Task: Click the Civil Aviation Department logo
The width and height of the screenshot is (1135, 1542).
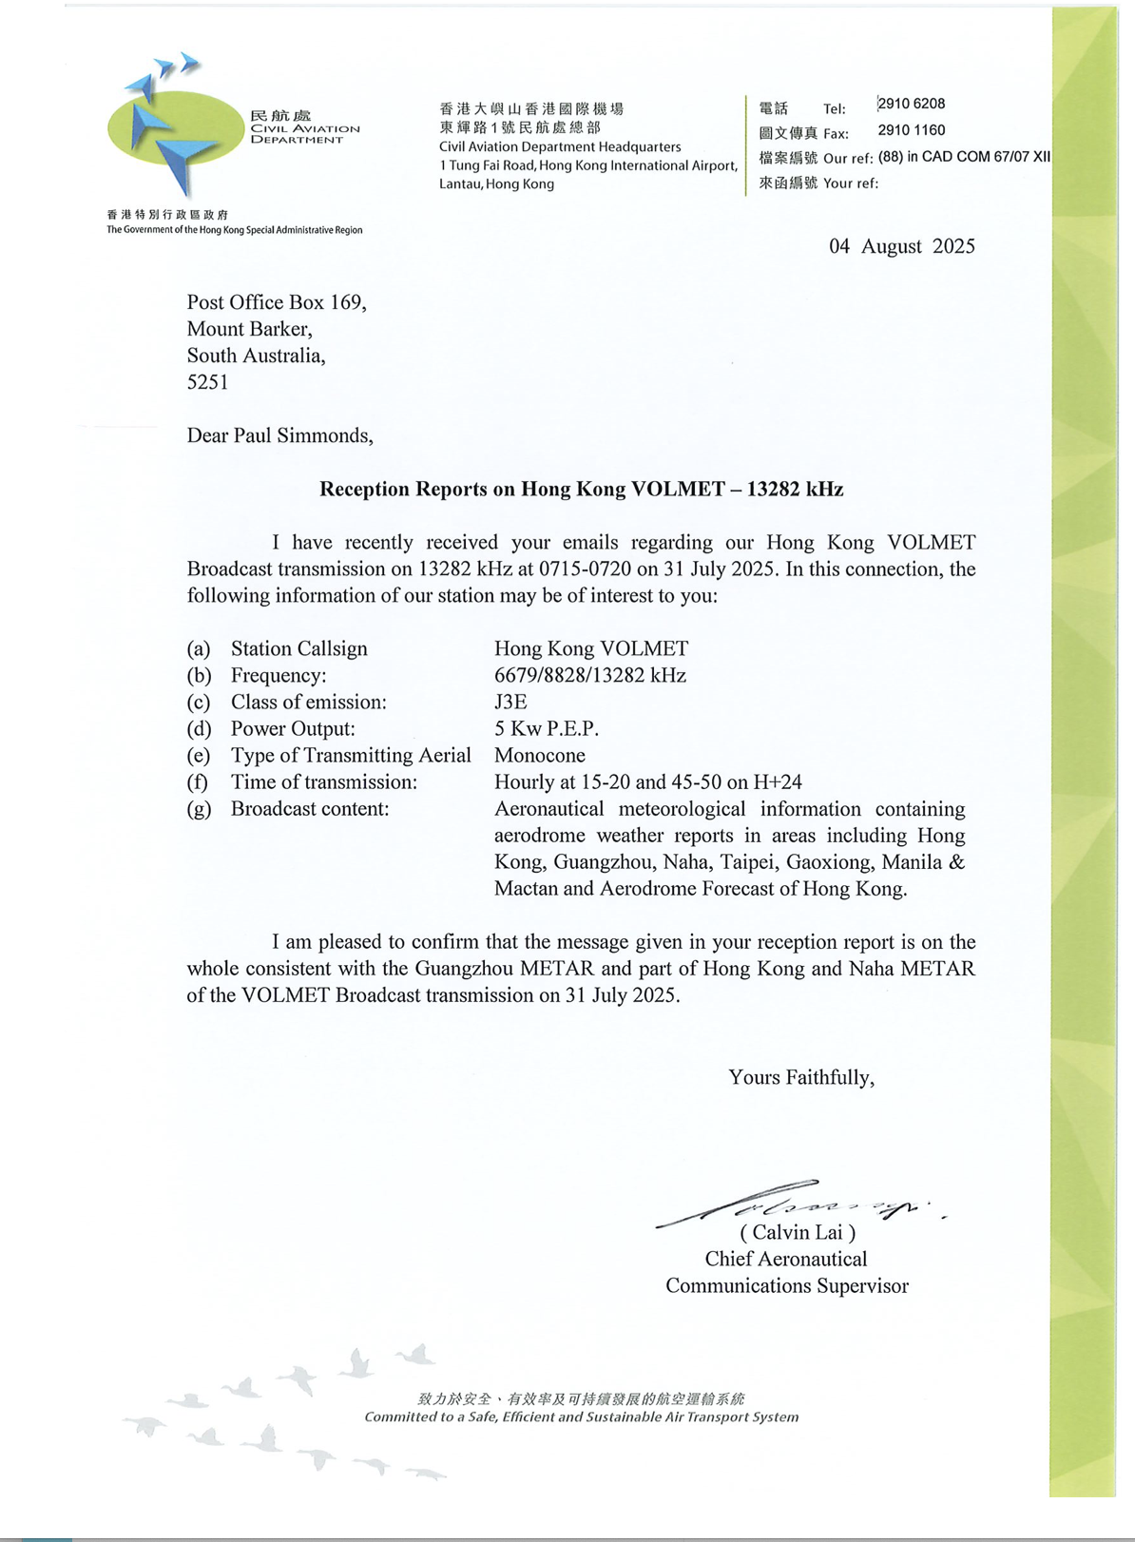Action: click(x=176, y=128)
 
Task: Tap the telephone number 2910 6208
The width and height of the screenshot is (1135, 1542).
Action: click(x=911, y=104)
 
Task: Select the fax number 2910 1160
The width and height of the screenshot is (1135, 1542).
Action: click(x=911, y=130)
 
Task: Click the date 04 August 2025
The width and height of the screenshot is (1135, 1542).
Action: click(x=901, y=246)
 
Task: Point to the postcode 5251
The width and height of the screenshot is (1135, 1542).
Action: click(x=207, y=382)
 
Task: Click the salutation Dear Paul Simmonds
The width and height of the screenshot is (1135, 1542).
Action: click(x=279, y=435)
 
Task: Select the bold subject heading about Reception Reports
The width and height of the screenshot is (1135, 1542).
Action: click(x=581, y=490)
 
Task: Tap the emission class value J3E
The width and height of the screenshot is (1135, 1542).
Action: click(x=510, y=703)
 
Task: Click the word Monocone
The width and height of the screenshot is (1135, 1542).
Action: click(x=539, y=756)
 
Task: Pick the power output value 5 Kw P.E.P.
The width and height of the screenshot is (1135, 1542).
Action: click(x=546, y=729)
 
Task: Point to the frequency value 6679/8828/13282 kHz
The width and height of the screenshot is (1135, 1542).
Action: click(x=589, y=676)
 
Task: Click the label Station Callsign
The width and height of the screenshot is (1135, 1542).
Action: click(x=298, y=649)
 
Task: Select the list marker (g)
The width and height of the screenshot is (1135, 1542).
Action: click(x=198, y=809)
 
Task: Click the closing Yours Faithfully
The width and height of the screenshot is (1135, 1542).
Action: click(x=800, y=1077)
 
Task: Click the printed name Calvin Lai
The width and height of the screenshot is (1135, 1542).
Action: click(x=798, y=1233)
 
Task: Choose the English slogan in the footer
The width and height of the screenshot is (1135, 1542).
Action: click(x=581, y=1417)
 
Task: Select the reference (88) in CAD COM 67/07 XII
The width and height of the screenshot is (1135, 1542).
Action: click(x=963, y=157)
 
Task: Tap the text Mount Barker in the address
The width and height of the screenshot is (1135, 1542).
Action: click(x=249, y=329)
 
